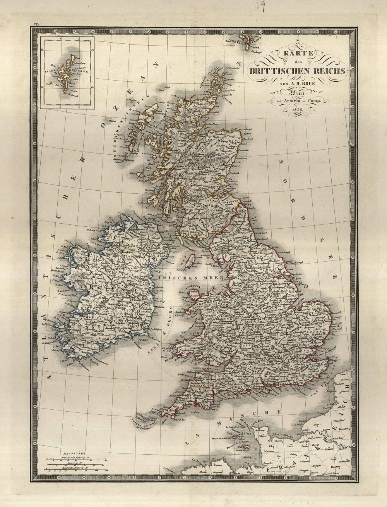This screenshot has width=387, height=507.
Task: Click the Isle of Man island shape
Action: [190, 261]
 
